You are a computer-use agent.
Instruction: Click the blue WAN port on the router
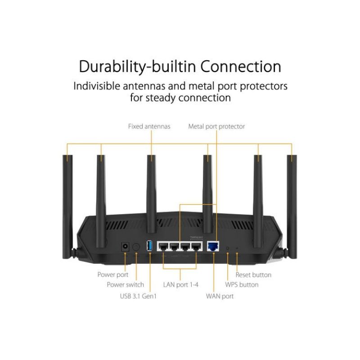pyautogui.click(x=212, y=246)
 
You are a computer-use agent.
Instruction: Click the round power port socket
pyautogui.click(x=125, y=246)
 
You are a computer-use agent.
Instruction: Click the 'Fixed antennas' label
pyautogui.click(x=149, y=126)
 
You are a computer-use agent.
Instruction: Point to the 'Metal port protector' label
pyautogui.click(x=216, y=126)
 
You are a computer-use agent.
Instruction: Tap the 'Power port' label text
pyautogui.click(x=113, y=274)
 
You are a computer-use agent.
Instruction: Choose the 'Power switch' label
pyautogui.click(x=126, y=284)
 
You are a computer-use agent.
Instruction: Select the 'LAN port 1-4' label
pyautogui.click(x=181, y=284)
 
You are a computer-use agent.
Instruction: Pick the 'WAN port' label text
pyautogui.click(x=220, y=296)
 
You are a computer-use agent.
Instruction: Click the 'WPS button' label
pyautogui.click(x=242, y=284)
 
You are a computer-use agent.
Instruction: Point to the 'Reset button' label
pyautogui.click(x=253, y=274)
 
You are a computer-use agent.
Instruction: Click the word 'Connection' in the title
pyautogui.click(x=241, y=66)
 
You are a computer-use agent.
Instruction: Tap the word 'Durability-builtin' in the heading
pyautogui.click(x=137, y=66)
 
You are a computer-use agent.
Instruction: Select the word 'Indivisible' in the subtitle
pyautogui.click(x=99, y=85)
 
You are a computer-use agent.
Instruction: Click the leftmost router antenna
pyautogui.click(x=68, y=198)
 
